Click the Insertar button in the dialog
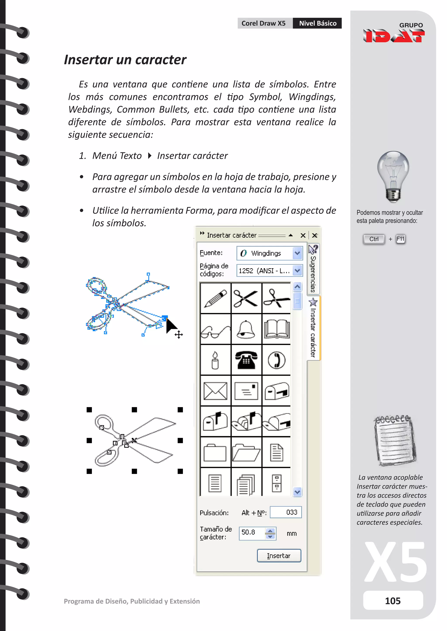279,555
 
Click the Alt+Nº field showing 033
286,512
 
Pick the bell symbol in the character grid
246,329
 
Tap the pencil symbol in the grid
215,299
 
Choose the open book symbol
277,329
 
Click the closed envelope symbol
215,390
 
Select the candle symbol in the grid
215,360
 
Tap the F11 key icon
401,239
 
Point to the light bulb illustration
393,176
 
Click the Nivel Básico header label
317,23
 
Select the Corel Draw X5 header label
264,23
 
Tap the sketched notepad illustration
395,440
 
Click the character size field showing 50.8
252,532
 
